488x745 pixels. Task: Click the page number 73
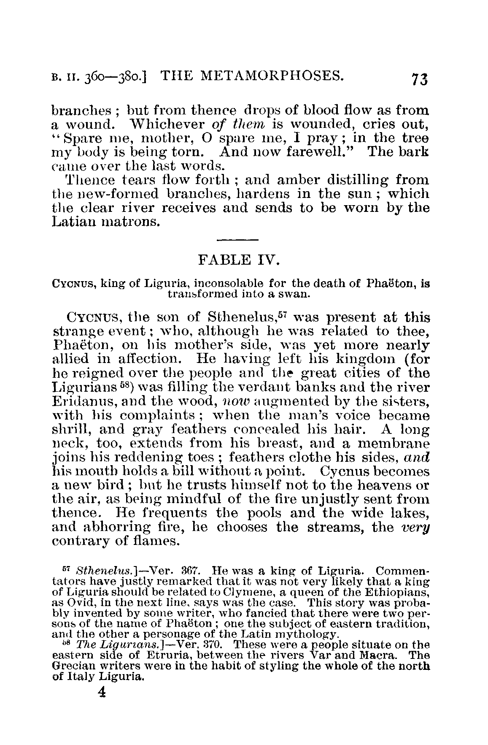418,78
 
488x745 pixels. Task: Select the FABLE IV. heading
238,259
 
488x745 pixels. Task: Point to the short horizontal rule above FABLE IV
237,241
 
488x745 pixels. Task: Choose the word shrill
70,429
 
